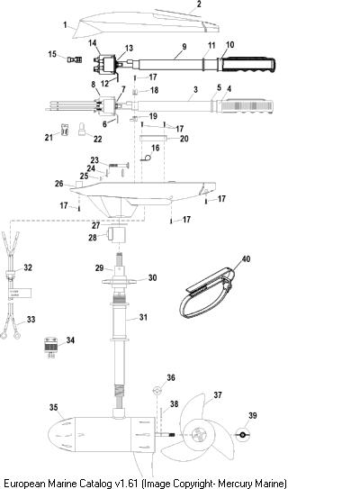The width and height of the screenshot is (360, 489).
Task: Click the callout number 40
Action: [x=246, y=258]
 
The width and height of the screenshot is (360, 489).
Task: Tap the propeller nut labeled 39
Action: [x=242, y=434]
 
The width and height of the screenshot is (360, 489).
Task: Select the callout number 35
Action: [x=54, y=407]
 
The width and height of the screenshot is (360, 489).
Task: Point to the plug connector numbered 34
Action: [x=50, y=347]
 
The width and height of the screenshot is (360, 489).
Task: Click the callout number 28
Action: [x=93, y=238]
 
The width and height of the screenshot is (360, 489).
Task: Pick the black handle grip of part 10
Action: [x=248, y=65]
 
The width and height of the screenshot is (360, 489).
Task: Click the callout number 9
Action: [x=184, y=47]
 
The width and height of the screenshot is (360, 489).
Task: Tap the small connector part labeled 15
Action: [x=75, y=59]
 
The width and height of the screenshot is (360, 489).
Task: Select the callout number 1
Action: [x=65, y=24]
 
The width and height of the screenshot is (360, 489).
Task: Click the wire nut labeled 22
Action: [x=82, y=129]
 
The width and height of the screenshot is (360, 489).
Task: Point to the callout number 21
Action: [x=49, y=137]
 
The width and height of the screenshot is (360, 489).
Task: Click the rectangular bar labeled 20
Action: [x=153, y=138]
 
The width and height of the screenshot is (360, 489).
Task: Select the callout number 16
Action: [x=155, y=147]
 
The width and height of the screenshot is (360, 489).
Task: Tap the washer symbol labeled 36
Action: [x=157, y=390]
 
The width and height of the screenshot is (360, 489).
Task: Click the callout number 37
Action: [x=218, y=395]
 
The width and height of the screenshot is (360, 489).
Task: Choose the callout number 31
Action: [x=143, y=317]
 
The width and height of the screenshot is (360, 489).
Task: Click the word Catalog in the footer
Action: [x=94, y=484]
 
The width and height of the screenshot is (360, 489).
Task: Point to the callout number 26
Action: [x=58, y=184]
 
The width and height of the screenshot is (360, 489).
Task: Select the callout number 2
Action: [x=199, y=5]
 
